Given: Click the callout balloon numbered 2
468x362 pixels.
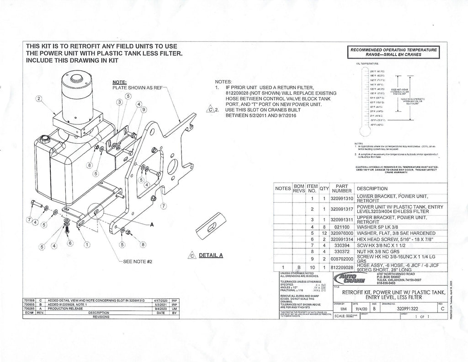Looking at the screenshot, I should pos(40,98).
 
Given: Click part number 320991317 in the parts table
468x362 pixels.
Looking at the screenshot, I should pos(341,209).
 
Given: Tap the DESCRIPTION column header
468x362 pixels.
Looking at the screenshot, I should pos(372,189).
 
